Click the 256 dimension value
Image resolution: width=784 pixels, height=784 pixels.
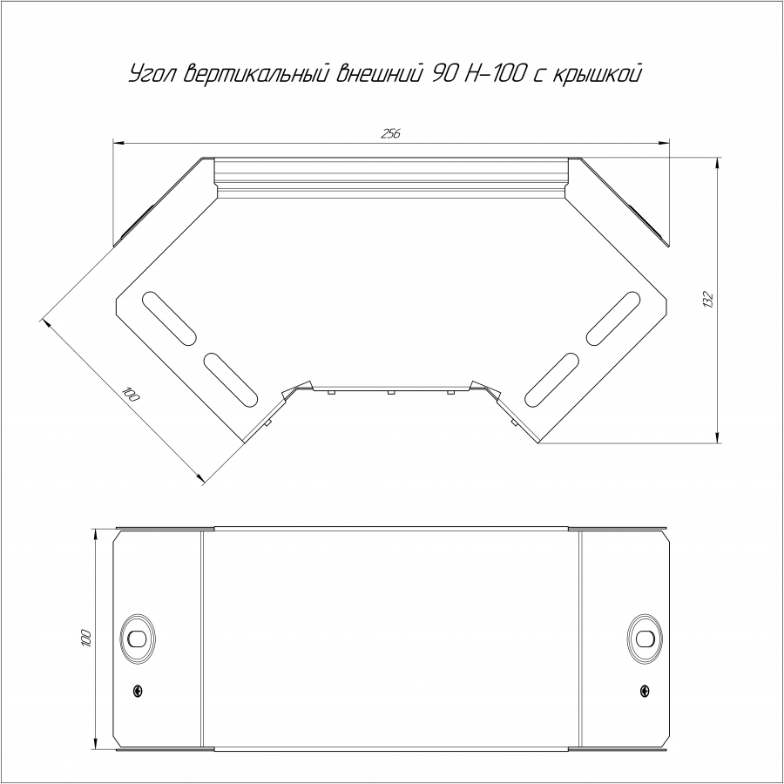pos(391,133)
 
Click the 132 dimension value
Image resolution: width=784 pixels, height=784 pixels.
pos(707,299)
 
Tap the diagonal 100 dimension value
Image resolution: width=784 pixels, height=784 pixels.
pos(131,395)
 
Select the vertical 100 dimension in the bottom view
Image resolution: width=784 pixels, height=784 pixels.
pos(86,638)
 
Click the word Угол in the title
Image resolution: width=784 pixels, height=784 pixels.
pos(153,74)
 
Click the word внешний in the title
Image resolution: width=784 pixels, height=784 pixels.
pos(379,73)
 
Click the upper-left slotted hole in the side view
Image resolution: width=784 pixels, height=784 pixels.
pos(169,319)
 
